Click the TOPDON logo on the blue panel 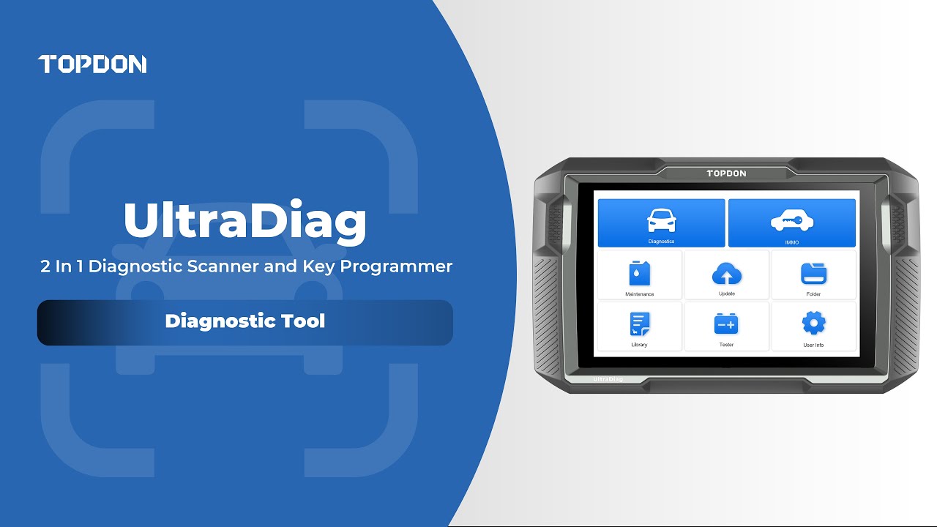click(92, 64)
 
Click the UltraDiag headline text click(244, 220)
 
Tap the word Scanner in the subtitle click(224, 266)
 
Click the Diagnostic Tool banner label click(244, 321)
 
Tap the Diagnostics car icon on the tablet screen click(661, 220)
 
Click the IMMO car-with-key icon click(791, 220)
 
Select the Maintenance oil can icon click(639, 274)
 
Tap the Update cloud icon click(726, 274)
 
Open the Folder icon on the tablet click(813, 274)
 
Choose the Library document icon click(639, 324)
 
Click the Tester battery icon click(726, 324)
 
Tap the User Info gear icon click(813, 323)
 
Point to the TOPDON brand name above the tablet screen click(726, 173)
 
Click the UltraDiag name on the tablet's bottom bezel click(608, 379)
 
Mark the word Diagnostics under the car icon click(661, 241)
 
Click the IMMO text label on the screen click(791, 242)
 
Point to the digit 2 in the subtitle click(45, 266)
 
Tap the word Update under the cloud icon click(726, 294)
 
